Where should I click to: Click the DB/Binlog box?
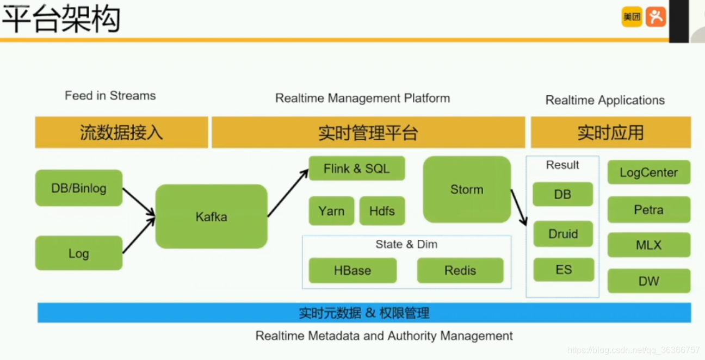[79, 188]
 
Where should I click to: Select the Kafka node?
[212, 216]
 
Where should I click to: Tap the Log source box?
[79, 253]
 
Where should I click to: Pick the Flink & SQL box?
[357, 169]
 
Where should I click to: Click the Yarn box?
[331, 211]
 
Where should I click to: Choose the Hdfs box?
[382, 211]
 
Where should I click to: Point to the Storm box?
[467, 189]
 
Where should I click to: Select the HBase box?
[352, 270]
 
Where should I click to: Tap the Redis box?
[460, 270]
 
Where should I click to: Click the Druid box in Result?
[563, 234]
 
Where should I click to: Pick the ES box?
[564, 270]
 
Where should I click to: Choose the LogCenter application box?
[649, 172]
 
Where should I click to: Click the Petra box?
[649, 209]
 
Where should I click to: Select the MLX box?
[649, 245]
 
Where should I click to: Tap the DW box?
[649, 281]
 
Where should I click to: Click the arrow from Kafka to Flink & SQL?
[288, 193]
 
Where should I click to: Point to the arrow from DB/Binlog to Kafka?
[139, 202]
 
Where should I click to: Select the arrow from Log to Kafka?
[139, 235]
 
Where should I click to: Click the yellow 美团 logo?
[632, 17]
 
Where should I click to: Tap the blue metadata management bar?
[364, 313]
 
